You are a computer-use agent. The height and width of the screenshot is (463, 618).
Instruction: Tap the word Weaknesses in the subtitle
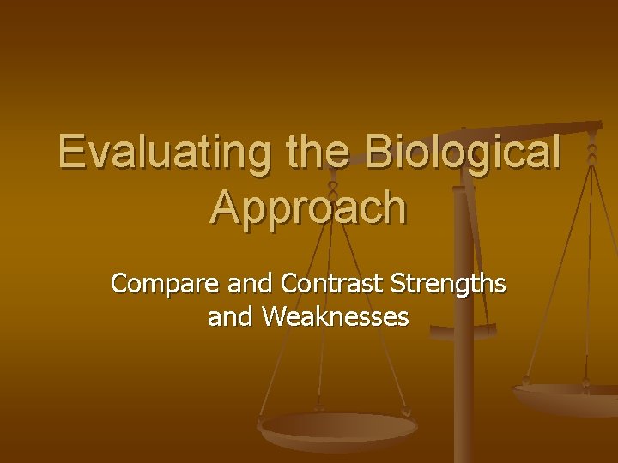(336, 318)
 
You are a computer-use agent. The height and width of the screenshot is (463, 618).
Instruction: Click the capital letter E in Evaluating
(72, 153)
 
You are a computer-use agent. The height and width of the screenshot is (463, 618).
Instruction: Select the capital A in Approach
(225, 207)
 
